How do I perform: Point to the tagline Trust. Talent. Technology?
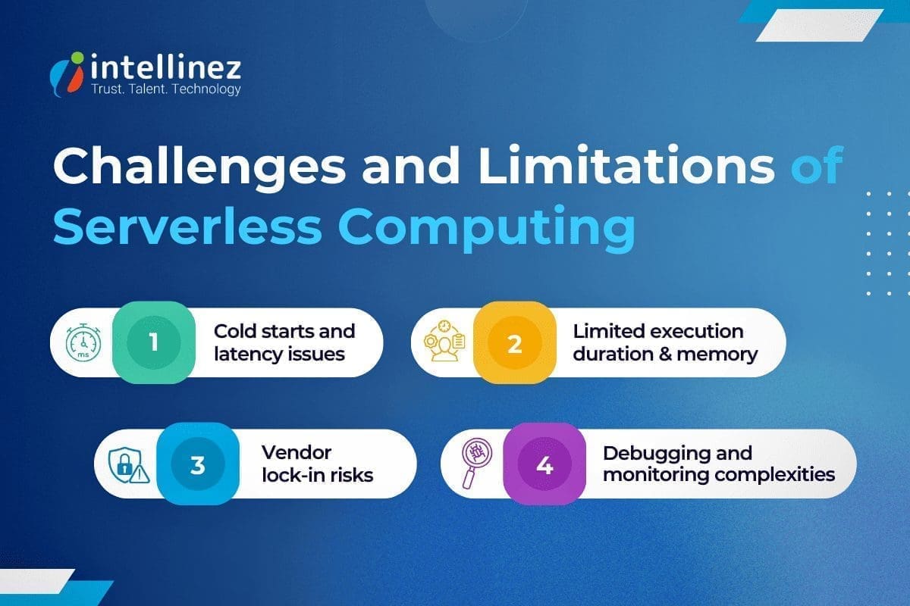[165, 89]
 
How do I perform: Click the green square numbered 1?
[154, 342]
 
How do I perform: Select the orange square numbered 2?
[515, 343]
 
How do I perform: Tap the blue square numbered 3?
[198, 464]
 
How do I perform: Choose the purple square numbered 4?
[544, 464]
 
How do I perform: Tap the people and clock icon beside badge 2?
[443, 343]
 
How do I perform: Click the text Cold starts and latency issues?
[284, 342]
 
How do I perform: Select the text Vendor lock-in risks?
[317, 464]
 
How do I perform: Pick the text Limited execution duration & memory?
[665, 342]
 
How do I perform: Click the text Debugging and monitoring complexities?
[718, 464]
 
